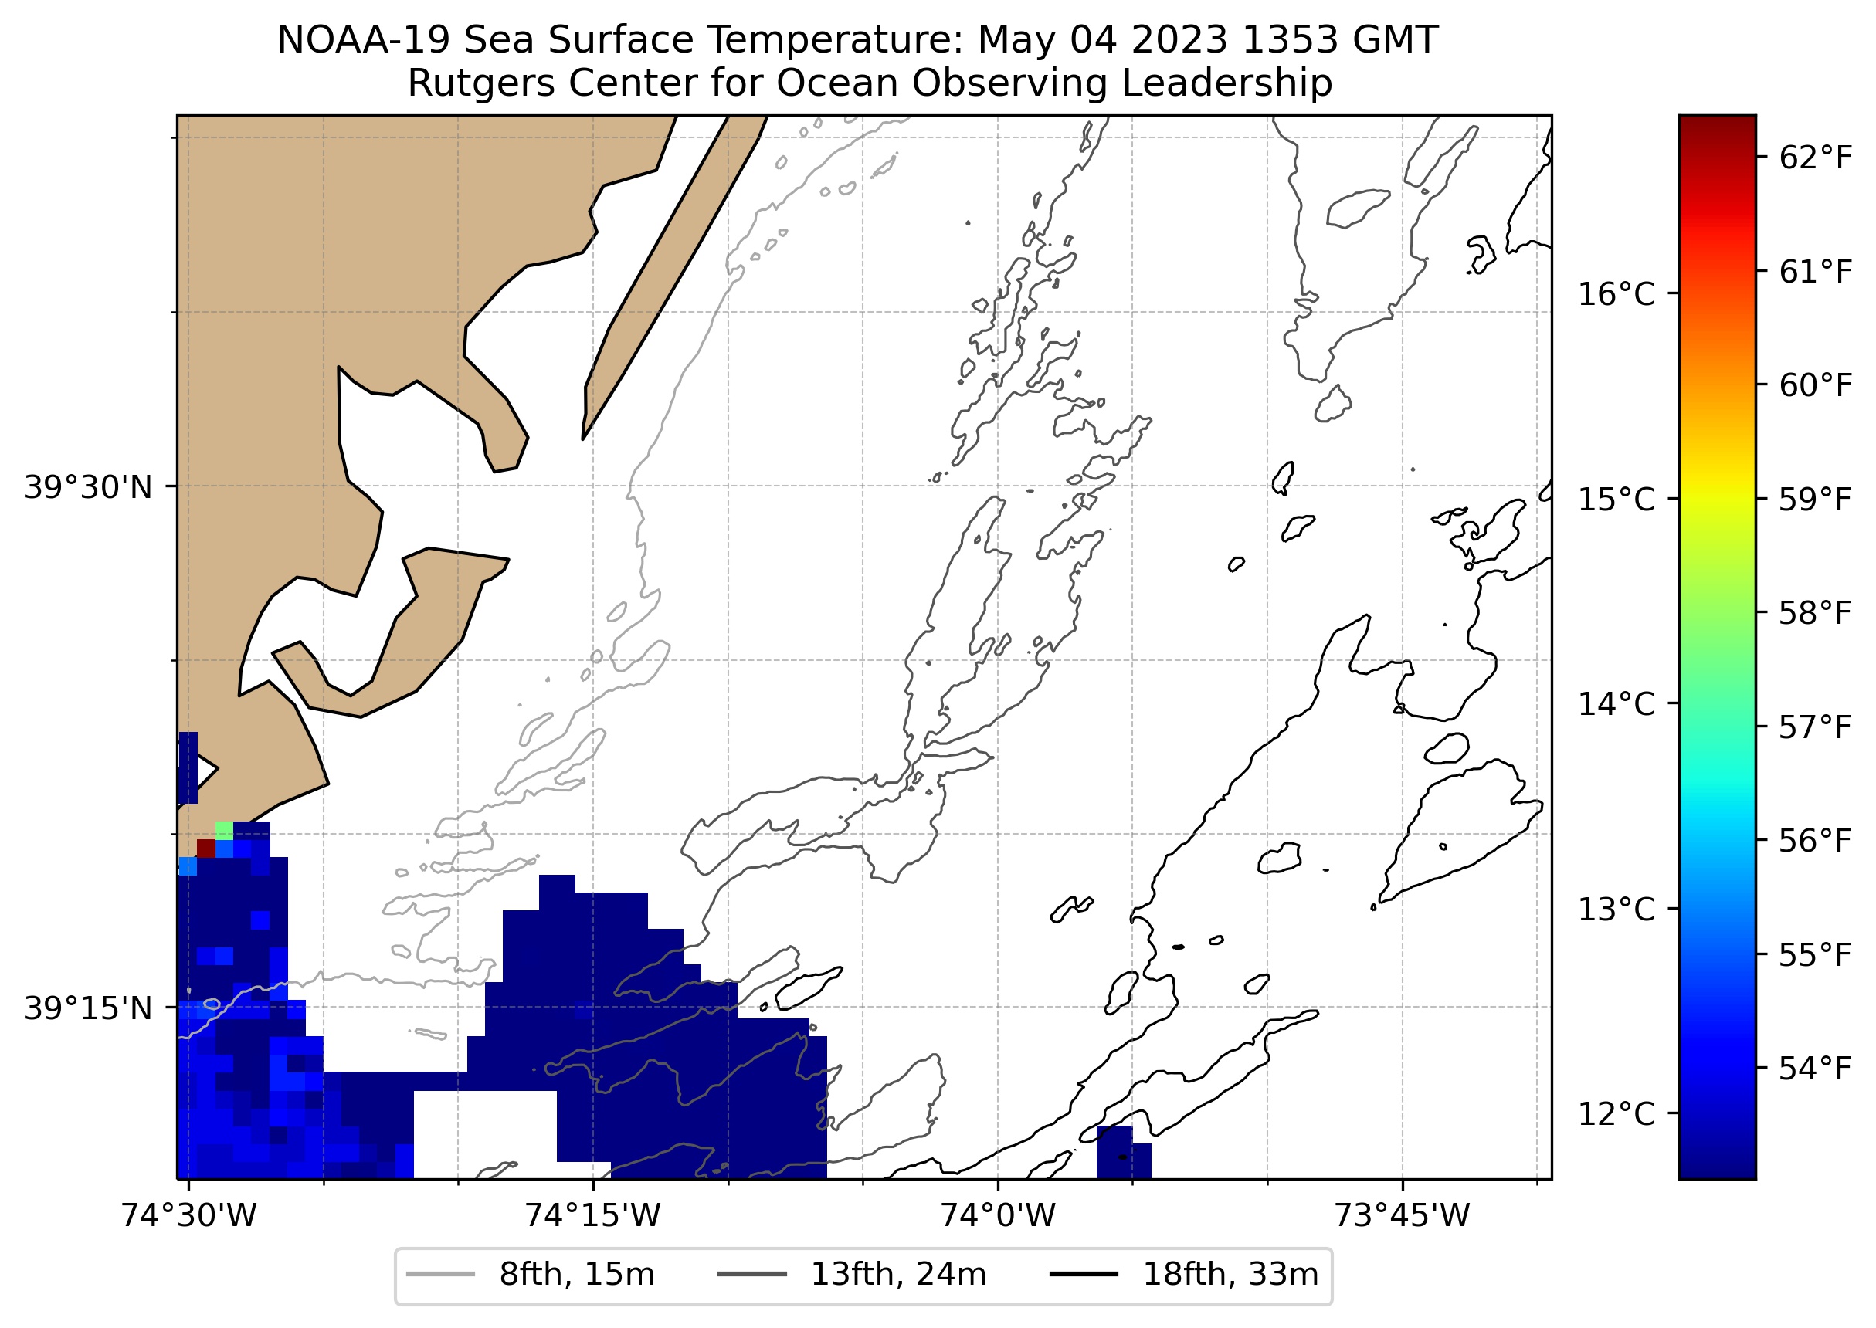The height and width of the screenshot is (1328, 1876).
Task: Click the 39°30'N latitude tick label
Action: [x=88, y=487]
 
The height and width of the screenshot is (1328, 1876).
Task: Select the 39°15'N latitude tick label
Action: [x=88, y=1008]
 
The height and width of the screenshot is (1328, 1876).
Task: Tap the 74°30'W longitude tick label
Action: [x=189, y=1215]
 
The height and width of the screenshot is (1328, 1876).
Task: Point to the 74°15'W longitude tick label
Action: [x=592, y=1215]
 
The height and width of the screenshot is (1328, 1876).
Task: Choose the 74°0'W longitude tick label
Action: [x=998, y=1215]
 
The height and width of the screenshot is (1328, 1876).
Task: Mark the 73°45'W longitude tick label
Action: [x=1402, y=1215]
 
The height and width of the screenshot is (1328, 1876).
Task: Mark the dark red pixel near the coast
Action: [x=206, y=848]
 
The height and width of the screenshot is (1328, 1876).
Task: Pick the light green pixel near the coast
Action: [x=224, y=830]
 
